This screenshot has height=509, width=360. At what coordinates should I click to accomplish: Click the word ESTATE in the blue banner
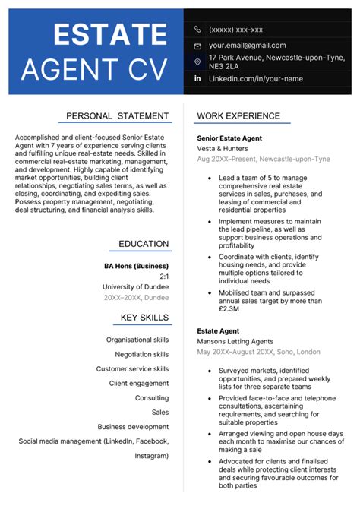pyautogui.click(x=110, y=34)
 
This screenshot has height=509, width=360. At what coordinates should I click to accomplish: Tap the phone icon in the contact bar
pyautogui.click(x=197, y=30)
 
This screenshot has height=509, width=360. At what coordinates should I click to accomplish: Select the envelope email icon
pyautogui.click(x=197, y=46)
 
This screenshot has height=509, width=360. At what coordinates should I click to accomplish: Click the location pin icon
pyautogui.click(x=197, y=62)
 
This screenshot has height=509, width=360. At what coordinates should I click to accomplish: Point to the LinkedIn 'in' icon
pyautogui.click(x=197, y=78)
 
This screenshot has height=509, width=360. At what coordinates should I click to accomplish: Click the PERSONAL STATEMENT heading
pyautogui.click(x=117, y=115)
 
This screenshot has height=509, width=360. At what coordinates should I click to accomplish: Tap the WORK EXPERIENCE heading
pyautogui.click(x=243, y=115)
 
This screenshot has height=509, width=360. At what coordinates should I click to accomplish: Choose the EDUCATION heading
pyautogui.click(x=144, y=244)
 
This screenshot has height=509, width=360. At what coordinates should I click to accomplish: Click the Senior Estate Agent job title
pyautogui.click(x=229, y=138)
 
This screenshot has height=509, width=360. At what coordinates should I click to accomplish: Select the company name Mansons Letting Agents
pyautogui.click(x=235, y=342)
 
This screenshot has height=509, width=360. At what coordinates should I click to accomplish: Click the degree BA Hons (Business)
pyautogui.click(x=136, y=266)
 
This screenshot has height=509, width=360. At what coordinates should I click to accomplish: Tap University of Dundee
pyautogui.click(x=135, y=286)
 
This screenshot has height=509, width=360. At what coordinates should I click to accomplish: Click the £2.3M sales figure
pyautogui.click(x=229, y=309)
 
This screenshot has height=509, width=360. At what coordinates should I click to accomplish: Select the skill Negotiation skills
pyautogui.click(x=141, y=354)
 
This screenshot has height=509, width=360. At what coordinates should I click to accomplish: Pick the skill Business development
pyautogui.click(x=133, y=426)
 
